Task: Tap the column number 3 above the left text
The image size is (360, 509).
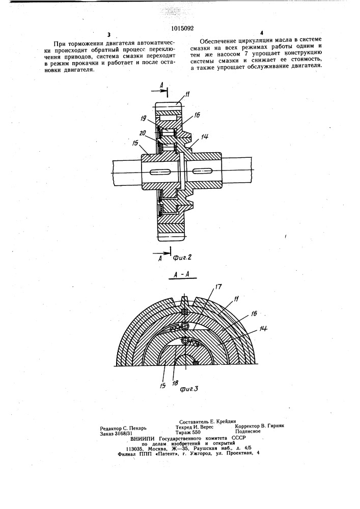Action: tap(108, 35)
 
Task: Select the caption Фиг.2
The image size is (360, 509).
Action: tap(182, 258)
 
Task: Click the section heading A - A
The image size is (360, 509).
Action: tap(179, 275)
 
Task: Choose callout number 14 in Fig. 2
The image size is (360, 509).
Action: tap(204, 137)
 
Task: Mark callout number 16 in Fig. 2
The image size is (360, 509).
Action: tap(197, 115)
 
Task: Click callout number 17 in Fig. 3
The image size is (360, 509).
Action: tap(218, 287)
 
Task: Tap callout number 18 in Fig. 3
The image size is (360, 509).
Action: tap(176, 383)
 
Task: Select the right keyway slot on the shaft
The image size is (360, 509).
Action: tap(203, 169)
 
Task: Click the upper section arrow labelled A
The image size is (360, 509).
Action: tap(160, 92)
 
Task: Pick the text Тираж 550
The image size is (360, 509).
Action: tap(188, 432)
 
